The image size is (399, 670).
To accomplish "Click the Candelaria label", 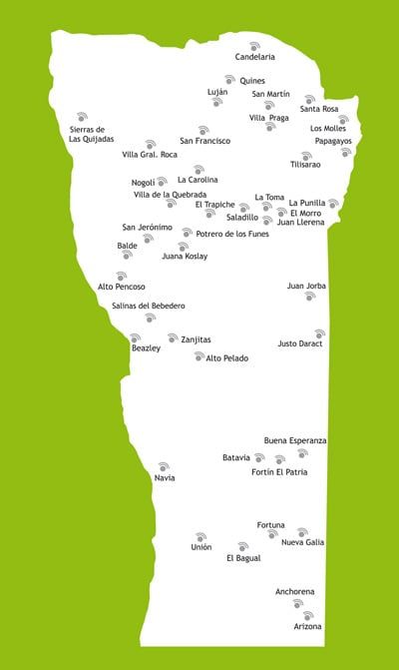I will pyautogui.click(x=254, y=57).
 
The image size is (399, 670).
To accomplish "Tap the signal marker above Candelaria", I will pyautogui.click(x=254, y=45).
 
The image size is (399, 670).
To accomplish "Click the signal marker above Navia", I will pyautogui.click(x=164, y=466).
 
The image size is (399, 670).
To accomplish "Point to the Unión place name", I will pyautogui.click(x=201, y=547).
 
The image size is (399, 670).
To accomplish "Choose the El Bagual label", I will pyautogui.click(x=243, y=558).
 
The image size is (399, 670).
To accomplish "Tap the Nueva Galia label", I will pyautogui.click(x=302, y=542).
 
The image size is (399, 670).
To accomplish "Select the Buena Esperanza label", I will pyautogui.click(x=295, y=440).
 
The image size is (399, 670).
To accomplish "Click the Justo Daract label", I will pyautogui.click(x=300, y=343).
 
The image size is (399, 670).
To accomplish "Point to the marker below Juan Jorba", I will pyautogui.click(x=310, y=297).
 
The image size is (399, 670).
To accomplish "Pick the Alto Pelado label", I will pyautogui.click(x=227, y=357).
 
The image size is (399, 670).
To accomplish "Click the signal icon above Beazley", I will pyautogui.click(x=137, y=337).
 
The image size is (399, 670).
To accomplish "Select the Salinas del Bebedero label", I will pyautogui.click(x=149, y=306).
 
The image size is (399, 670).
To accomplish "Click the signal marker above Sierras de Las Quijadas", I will pyautogui.click(x=82, y=117).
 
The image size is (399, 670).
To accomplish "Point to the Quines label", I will pyautogui.click(x=252, y=81).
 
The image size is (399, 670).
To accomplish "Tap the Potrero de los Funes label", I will pyautogui.click(x=232, y=234).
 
